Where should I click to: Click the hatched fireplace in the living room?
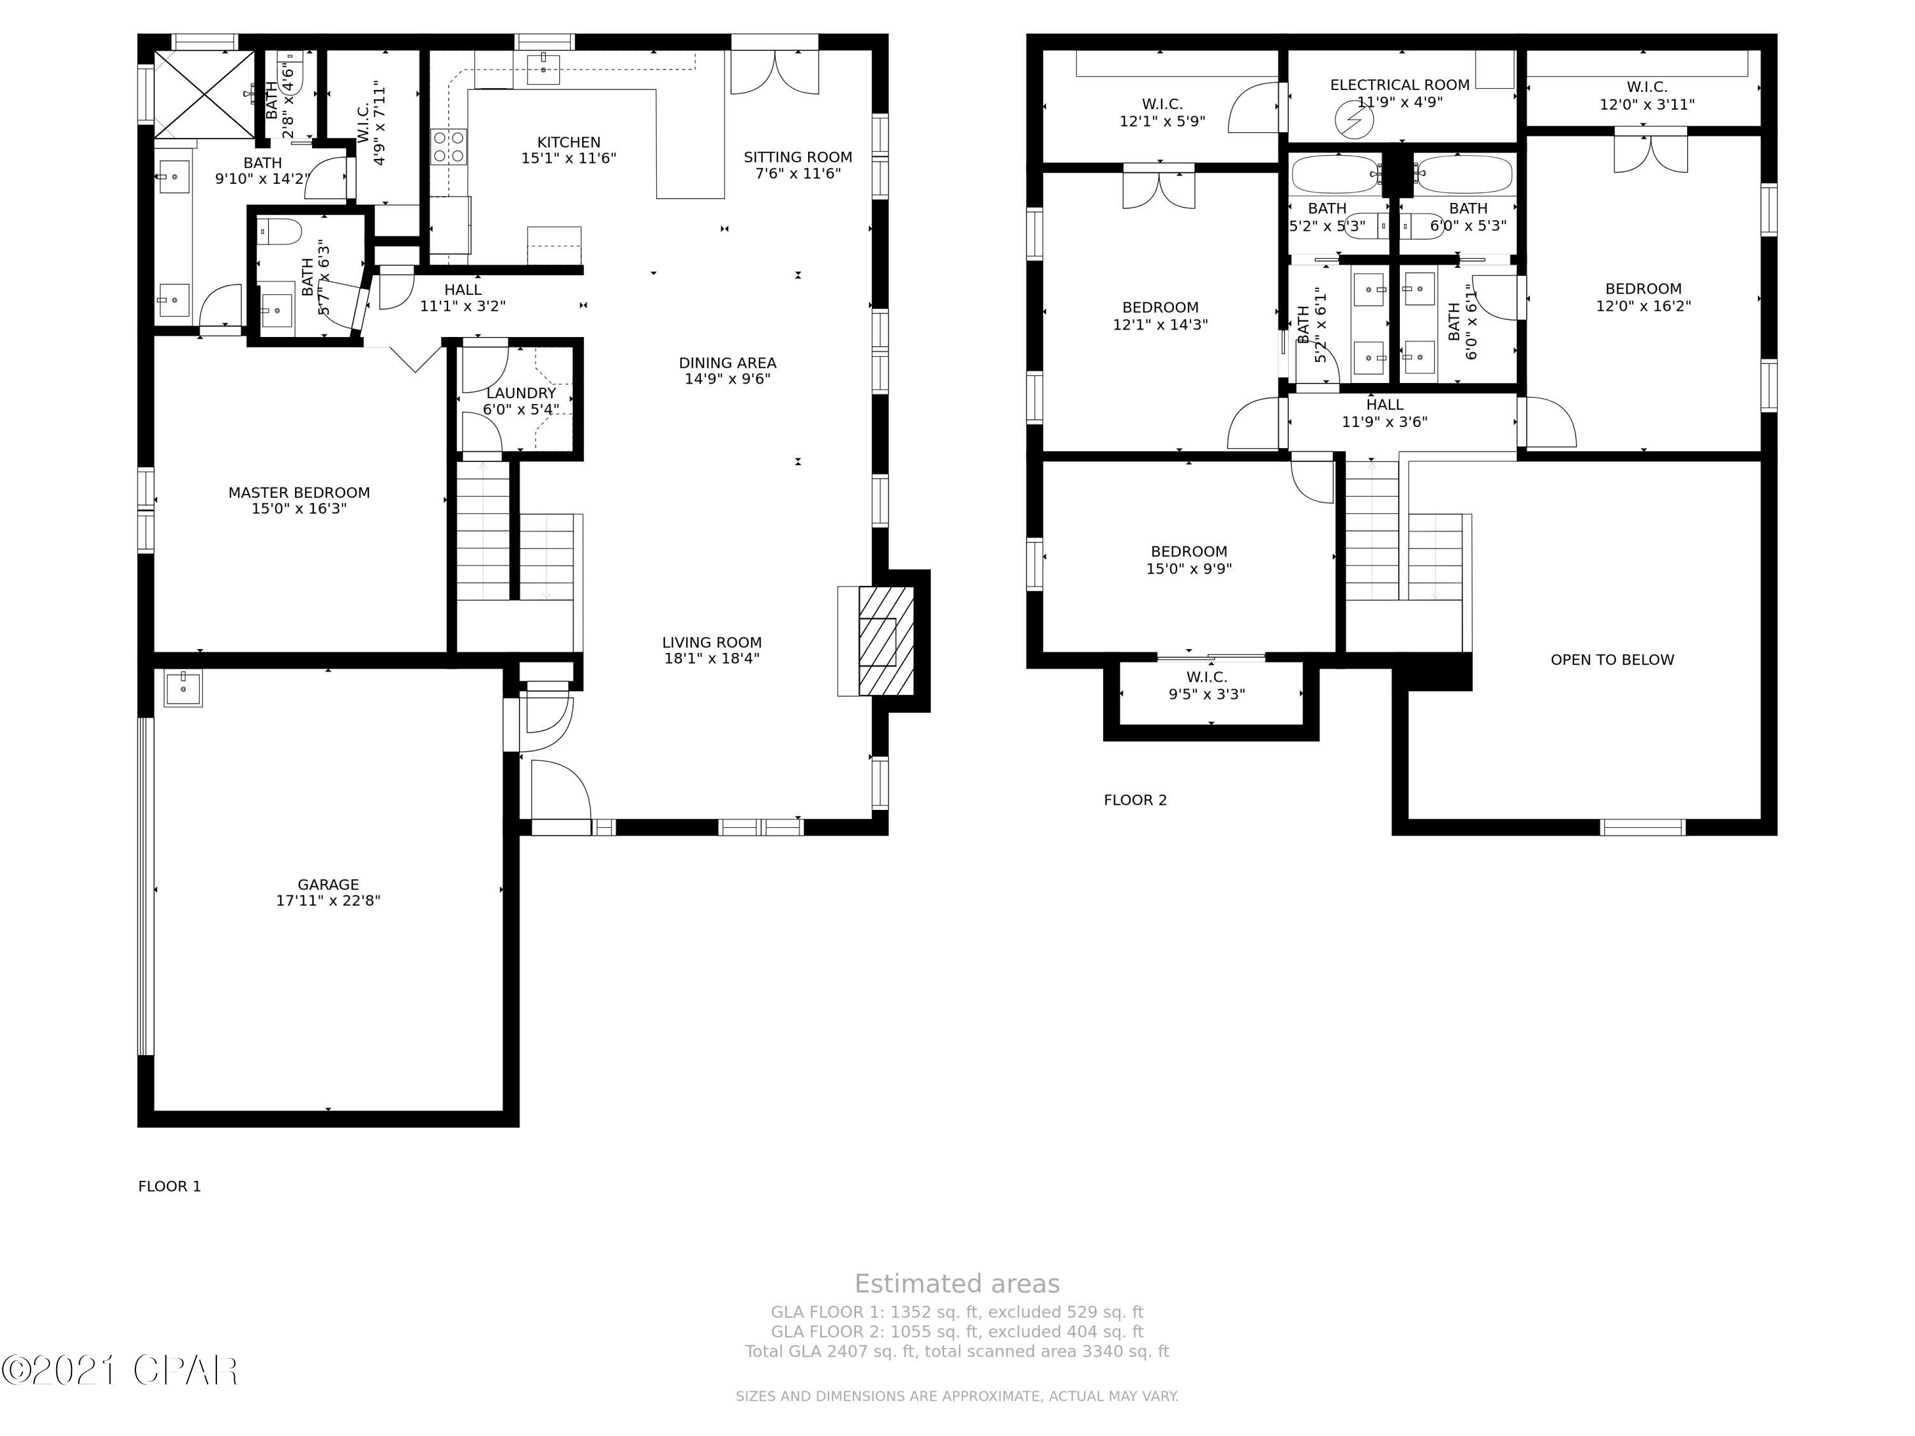point(885,641)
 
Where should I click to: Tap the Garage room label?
point(328,892)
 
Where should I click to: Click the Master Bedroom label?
point(299,500)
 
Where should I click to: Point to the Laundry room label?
point(520,400)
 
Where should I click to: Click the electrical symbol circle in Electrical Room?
point(1354,121)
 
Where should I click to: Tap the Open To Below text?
point(1611,659)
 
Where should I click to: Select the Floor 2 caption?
point(1134,800)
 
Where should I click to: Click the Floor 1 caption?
point(170,1186)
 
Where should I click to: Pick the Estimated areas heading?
point(957,1283)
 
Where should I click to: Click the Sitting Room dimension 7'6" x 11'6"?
point(797,173)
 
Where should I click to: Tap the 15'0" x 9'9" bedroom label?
point(1188,559)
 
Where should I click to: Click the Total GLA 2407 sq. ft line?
point(957,1351)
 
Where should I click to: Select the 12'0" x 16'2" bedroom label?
point(1642,297)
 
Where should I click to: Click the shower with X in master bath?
point(204,93)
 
